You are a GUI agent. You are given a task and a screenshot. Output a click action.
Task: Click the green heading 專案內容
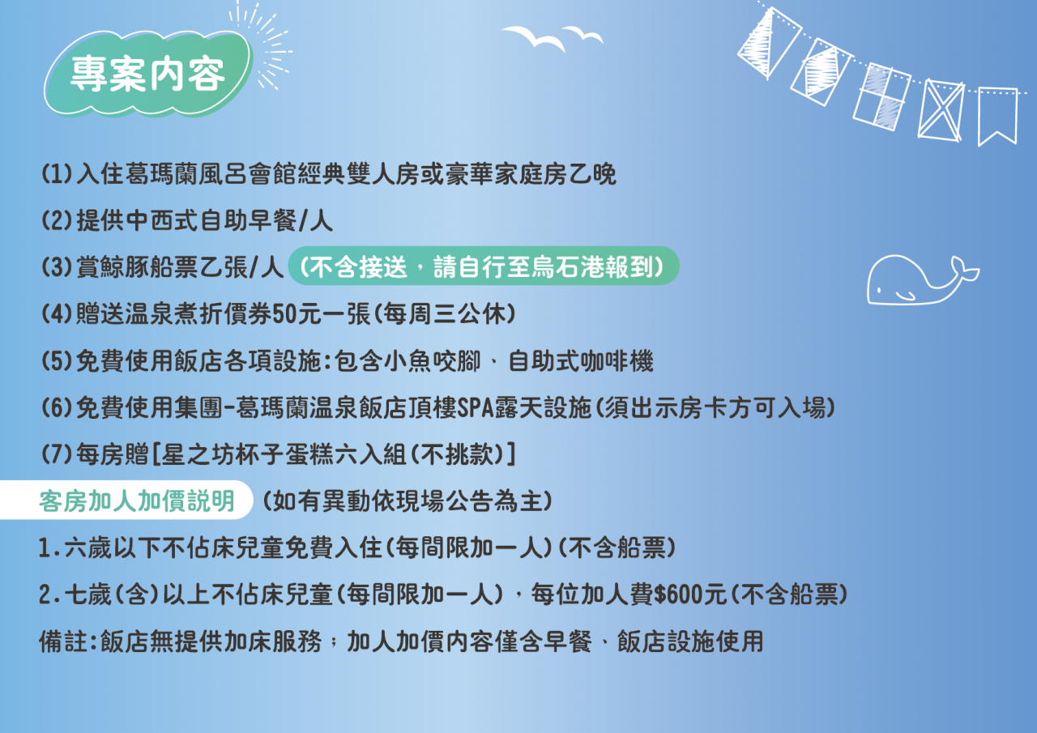(147, 74)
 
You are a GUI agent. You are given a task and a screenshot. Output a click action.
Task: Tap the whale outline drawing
(921, 281)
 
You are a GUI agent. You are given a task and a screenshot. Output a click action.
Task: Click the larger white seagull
(534, 38)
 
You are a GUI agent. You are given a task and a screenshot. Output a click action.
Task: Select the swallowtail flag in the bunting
(997, 116)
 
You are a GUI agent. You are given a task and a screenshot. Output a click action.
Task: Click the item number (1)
(57, 174)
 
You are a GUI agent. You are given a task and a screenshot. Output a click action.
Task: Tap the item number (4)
(57, 313)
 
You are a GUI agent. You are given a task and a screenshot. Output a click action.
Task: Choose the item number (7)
(57, 454)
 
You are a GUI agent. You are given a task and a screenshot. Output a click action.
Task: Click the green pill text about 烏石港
(484, 266)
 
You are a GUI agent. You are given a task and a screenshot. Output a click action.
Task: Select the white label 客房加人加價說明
(137, 501)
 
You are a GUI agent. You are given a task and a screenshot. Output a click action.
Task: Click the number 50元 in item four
(297, 313)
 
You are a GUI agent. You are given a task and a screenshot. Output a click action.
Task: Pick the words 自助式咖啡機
(581, 361)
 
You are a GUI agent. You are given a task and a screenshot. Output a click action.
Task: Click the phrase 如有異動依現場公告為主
(408, 501)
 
